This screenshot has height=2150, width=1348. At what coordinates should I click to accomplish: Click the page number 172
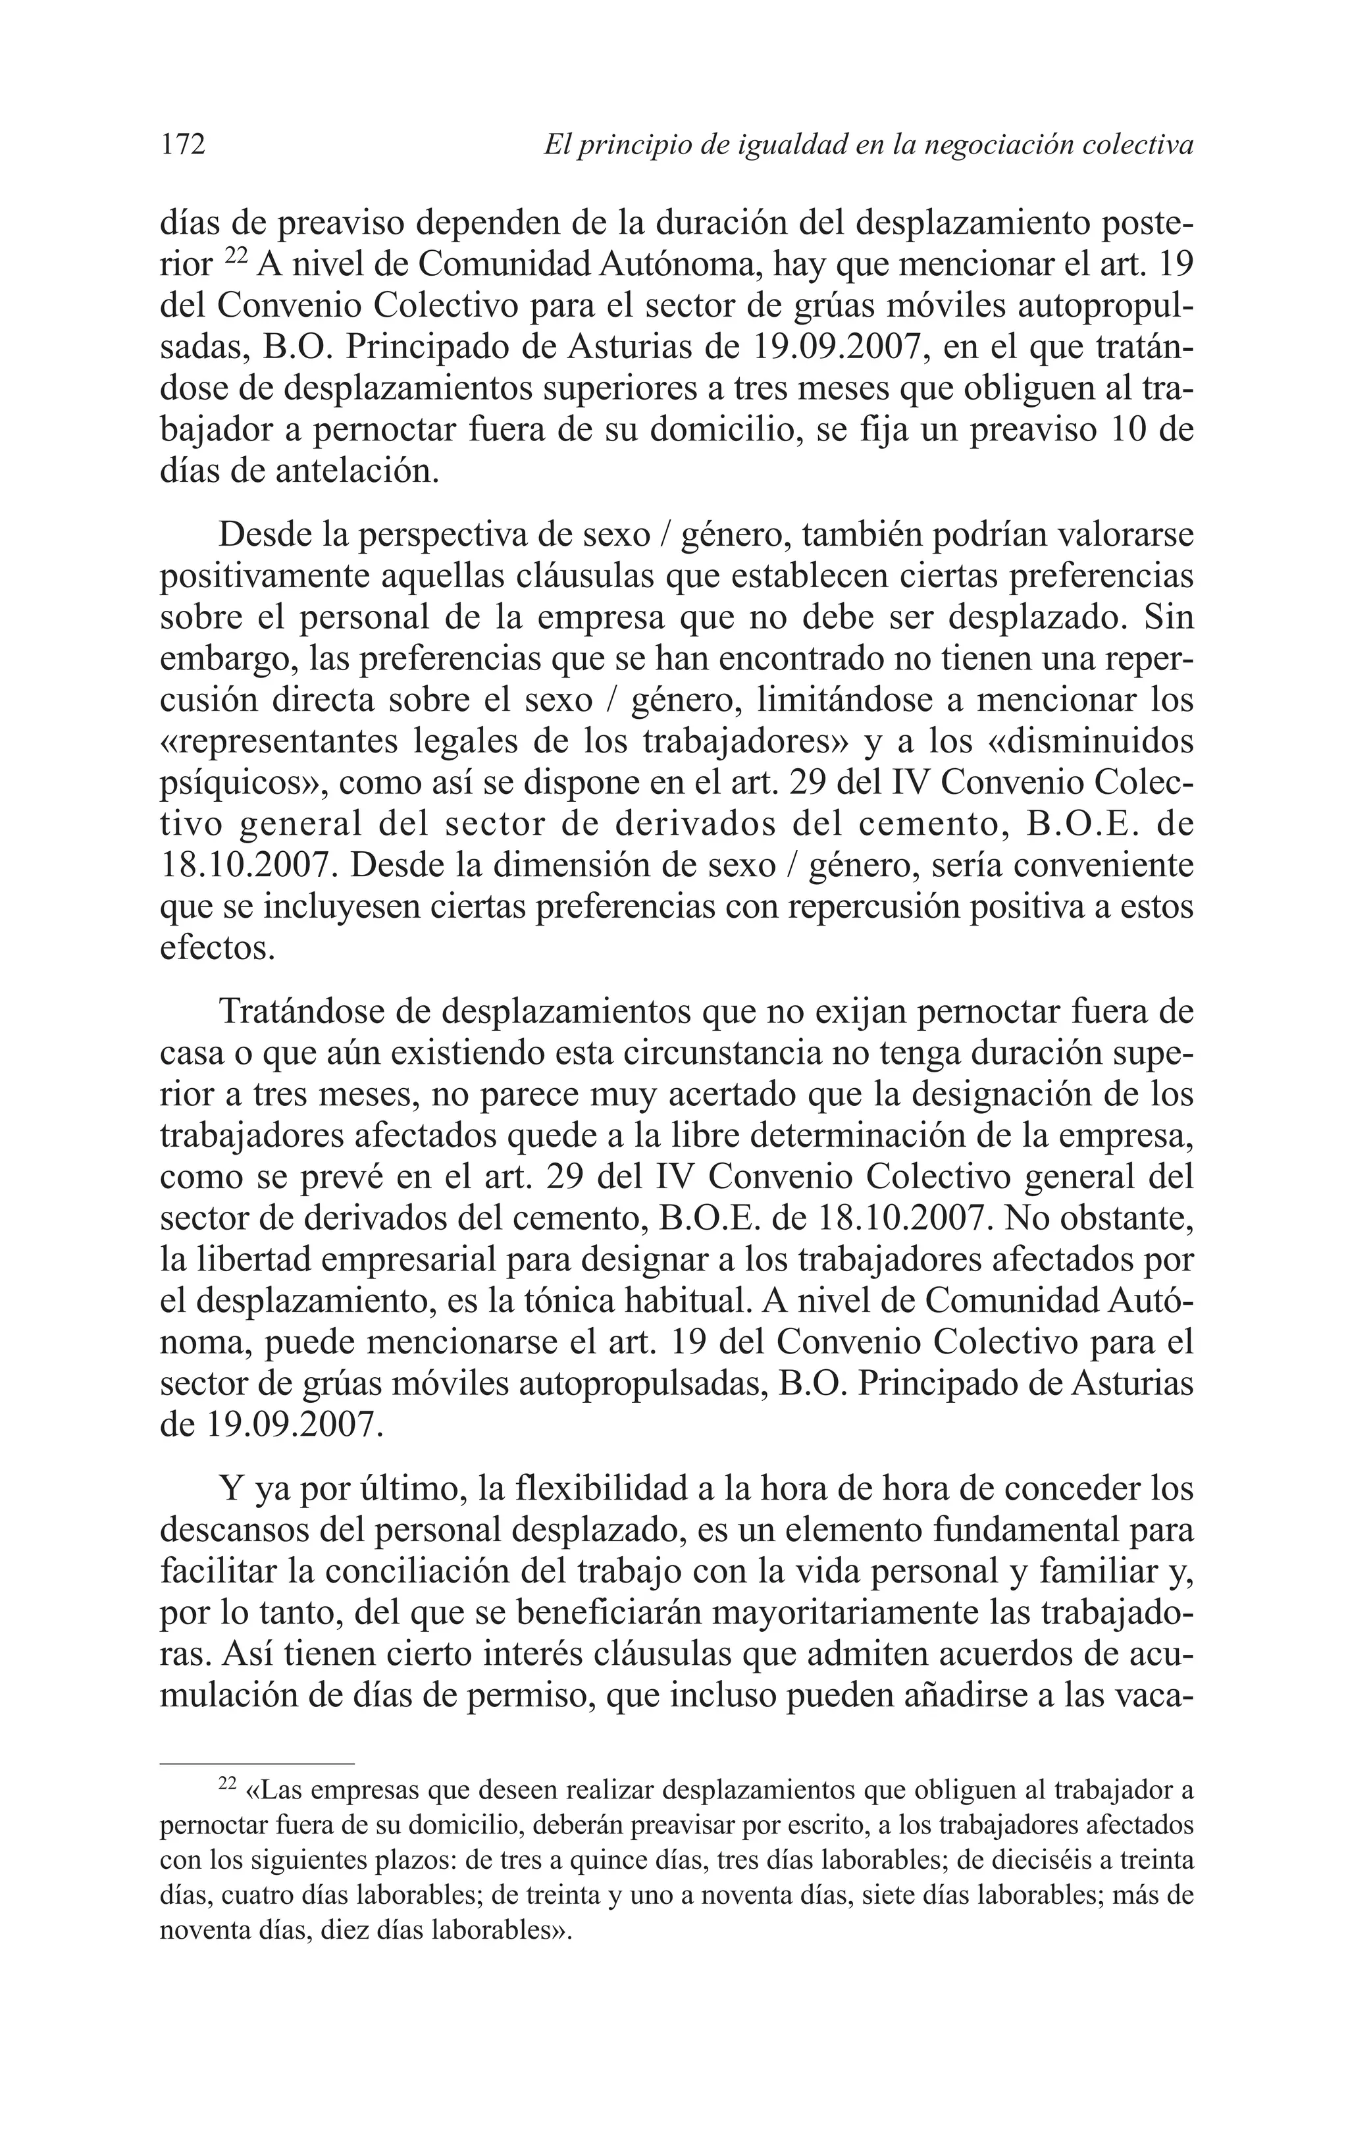tap(183, 144)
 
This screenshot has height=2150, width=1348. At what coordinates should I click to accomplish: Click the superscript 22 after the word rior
tap(234, 257)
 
